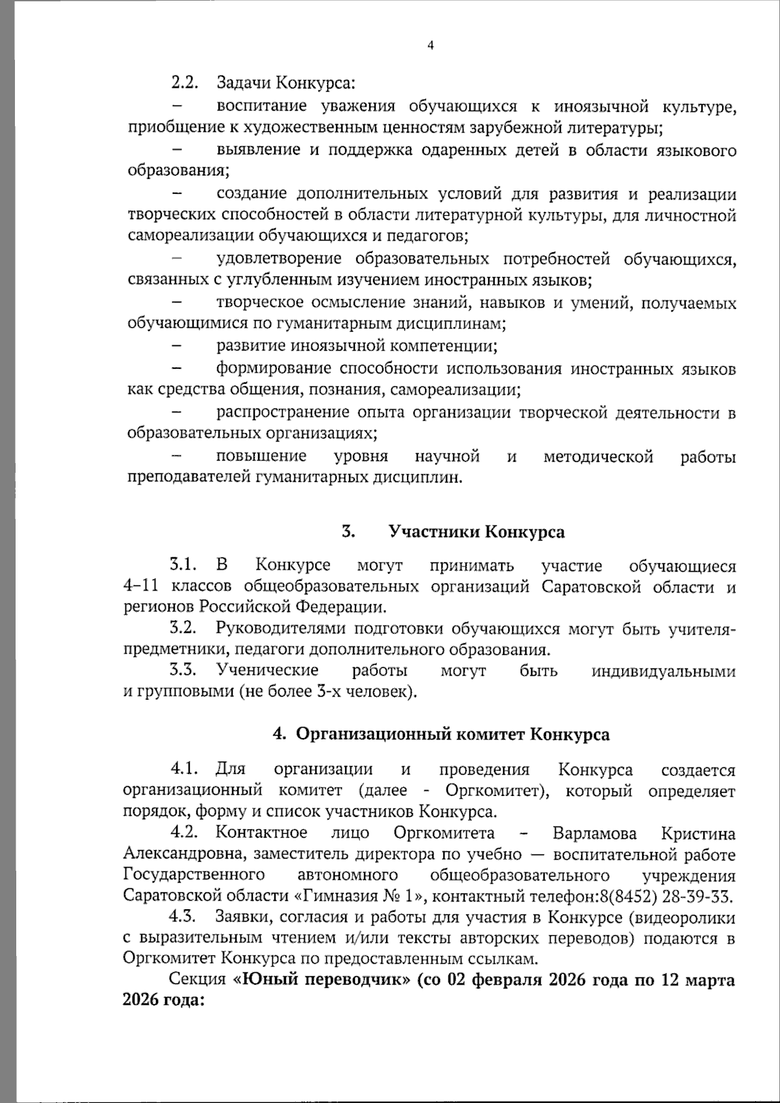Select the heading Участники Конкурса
(x=476, y=532)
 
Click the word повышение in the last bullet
(x=261, y=457)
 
